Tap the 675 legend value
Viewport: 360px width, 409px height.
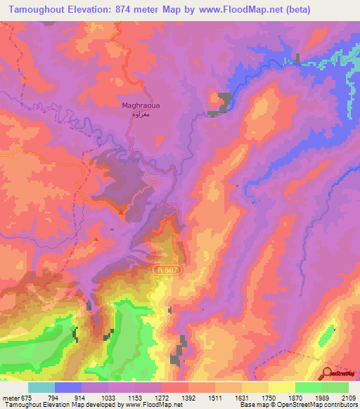tap(27, 397)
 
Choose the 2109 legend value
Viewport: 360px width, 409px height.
tap(349, 397)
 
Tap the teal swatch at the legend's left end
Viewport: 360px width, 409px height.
tap(41, 387)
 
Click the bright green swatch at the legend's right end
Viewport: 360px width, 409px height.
tap(335, 387)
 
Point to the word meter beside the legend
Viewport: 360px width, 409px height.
tap(10, 397)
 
